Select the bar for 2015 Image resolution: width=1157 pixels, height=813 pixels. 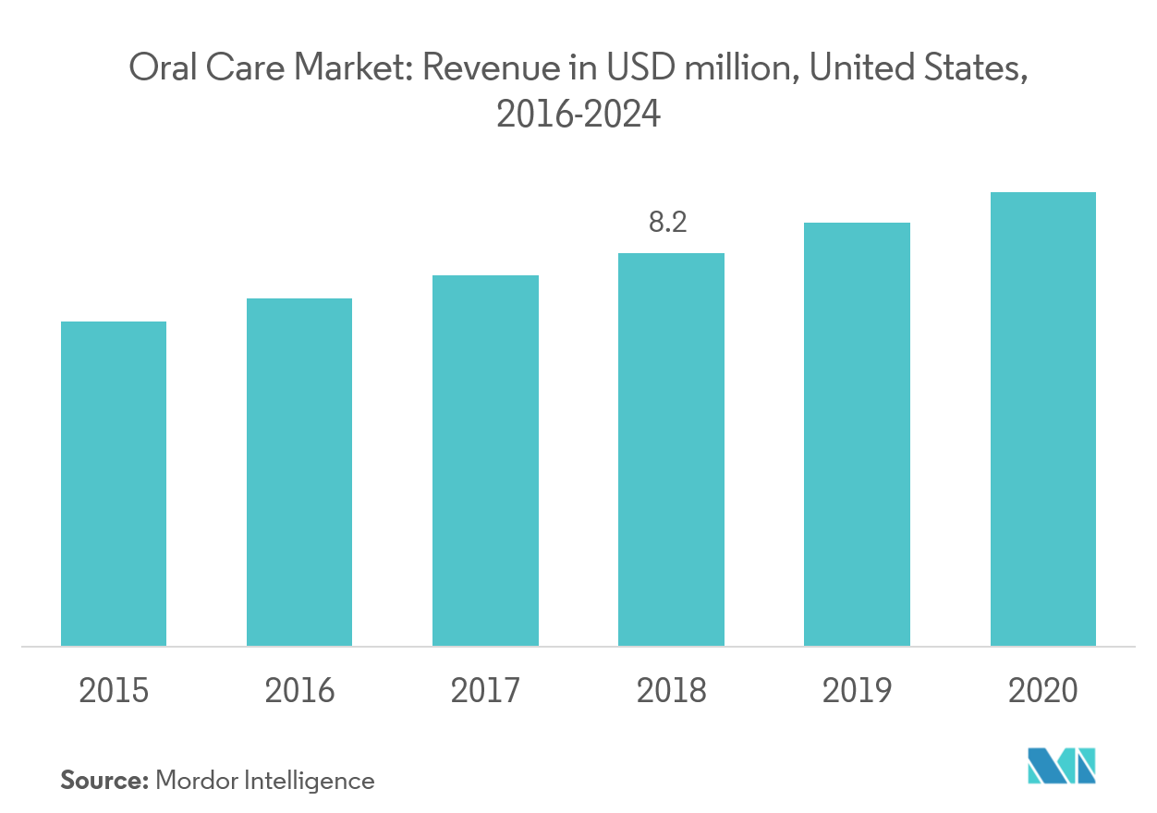pos(114,483)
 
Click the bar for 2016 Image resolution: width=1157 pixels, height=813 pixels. pos(299,472)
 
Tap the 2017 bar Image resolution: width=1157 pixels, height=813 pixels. pos(485,460)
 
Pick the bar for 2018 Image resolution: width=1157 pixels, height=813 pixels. pos(671,449)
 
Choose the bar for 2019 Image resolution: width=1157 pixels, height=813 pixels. pos(857,434)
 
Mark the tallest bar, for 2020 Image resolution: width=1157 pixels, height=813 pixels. pos(1042,419)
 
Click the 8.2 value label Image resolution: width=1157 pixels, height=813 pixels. pos(668,223)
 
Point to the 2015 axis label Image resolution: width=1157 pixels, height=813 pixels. pos(114,690)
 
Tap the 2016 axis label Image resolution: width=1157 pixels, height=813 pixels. pos(299,690)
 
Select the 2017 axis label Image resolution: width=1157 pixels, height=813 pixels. pos(485,690)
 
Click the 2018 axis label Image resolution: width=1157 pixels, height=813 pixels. pos(671,690)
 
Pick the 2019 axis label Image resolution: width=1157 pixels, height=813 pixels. pos(857,690)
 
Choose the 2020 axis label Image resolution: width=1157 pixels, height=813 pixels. pos(1042,690)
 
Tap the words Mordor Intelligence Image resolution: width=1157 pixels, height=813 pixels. pos(265,781)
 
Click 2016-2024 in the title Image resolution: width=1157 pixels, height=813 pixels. pos(578,115)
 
